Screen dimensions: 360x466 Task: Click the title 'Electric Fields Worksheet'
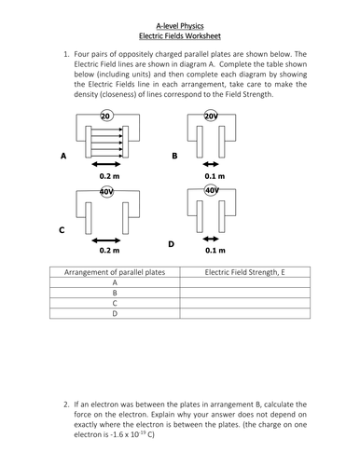click(x=180, y=36)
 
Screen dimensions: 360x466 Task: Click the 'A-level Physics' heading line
click(x=180, y=26)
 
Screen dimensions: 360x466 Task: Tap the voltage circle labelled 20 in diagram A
click(x=106, y=116)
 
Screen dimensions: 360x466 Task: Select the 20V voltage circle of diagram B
click(x=211, y=116)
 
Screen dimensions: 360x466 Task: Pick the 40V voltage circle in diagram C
click(x=106, y=192)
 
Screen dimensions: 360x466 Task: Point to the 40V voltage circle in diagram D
click(x=211, y=190)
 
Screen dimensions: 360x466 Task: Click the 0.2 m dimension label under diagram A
click(x=109, y=176)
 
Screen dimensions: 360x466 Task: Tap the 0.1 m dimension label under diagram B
click(x=215, y=176)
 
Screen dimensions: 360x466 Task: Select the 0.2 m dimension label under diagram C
click(x=109, y=250)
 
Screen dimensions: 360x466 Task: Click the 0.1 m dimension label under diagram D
click(x=215, y=250)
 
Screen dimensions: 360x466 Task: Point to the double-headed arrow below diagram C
click(x=106, y=240)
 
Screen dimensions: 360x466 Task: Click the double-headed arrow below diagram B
click(x=211, y=164)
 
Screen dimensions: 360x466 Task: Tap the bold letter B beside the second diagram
click(x=174, y=156)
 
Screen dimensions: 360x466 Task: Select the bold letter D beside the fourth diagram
click(x=171, y=244)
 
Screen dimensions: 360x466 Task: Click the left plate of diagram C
click(x=89, y=218)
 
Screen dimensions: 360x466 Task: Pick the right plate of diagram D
click(x=222, y=216)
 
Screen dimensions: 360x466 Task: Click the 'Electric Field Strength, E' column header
click(x=244, y=272)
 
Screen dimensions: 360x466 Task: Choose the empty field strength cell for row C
click(x=245, y=303)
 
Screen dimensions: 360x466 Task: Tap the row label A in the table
click(x=115, y=282)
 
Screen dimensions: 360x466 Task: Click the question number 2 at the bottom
click(x=66, y=404)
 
